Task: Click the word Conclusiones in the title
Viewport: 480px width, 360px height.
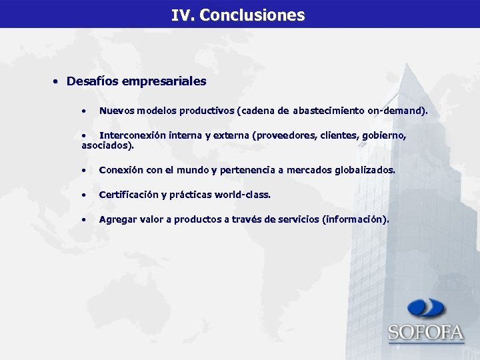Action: click(252, 15)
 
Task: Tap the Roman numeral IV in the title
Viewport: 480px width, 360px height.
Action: click(181, 15)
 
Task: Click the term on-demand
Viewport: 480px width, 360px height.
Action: click(396, 110)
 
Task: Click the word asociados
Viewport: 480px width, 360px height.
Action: click(106, 145)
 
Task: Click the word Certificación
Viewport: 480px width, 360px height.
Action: click(128, 195)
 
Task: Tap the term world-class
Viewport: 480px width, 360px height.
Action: click(243, 195)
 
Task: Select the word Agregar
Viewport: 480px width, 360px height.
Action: click(118, 219)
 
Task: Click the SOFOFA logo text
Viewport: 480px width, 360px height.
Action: click(425, 332)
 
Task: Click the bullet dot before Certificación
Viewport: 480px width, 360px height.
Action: click(83, 195)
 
